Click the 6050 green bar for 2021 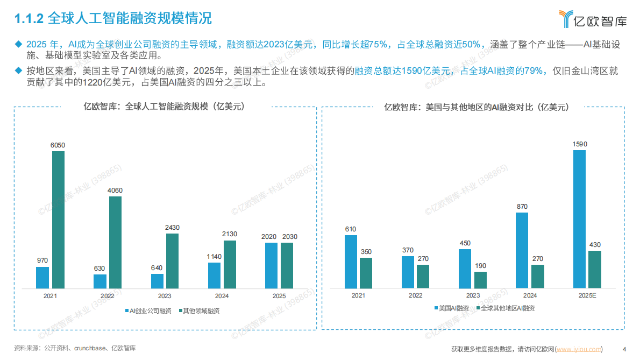[x=58, y=220]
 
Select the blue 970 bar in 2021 [x=42, y=278]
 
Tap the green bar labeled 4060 [x=115, y=242]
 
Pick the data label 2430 [x=172, y=228]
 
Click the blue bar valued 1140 [x=214, y=276]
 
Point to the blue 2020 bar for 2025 [x=272, y=265]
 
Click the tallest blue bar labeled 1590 [x=579, y=219]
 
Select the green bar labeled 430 [x=594, y=269]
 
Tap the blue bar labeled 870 [x=522, y=250]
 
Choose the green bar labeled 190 [x=480, y=280]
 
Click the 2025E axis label [x=586, y=295]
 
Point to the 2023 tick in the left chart [x=165, y=296]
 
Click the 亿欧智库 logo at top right [x=592, y=19]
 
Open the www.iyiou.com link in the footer [x=579, y=349]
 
